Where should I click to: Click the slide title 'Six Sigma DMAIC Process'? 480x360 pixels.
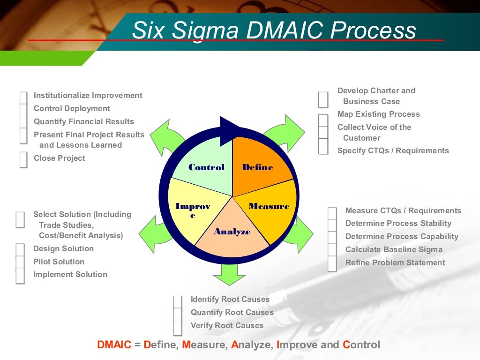click(x=274, y=30)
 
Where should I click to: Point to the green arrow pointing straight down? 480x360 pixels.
click(x=229, y=274)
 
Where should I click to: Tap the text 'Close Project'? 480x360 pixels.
click(x=60, y=158)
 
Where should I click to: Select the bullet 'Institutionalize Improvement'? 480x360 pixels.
click(x=88, y=95)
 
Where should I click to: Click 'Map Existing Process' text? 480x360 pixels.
click(x=378, y=114)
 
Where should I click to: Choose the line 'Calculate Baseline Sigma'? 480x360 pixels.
click(x=394, y=249)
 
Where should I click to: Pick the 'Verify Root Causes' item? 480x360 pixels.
click(x=227, y=325)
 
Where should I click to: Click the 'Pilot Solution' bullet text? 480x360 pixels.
click(x=59, y=262)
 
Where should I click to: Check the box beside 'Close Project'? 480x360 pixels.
click(x=23, y=160)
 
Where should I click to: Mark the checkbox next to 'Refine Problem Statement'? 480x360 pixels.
click(x=332, y=264)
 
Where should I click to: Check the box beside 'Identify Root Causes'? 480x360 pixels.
click(x=177, y=301)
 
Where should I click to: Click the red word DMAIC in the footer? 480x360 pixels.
click(x=114, y=345)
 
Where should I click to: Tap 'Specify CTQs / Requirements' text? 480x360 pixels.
click(x=393, y=150)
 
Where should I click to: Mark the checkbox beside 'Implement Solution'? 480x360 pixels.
click(x=20, y=276)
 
